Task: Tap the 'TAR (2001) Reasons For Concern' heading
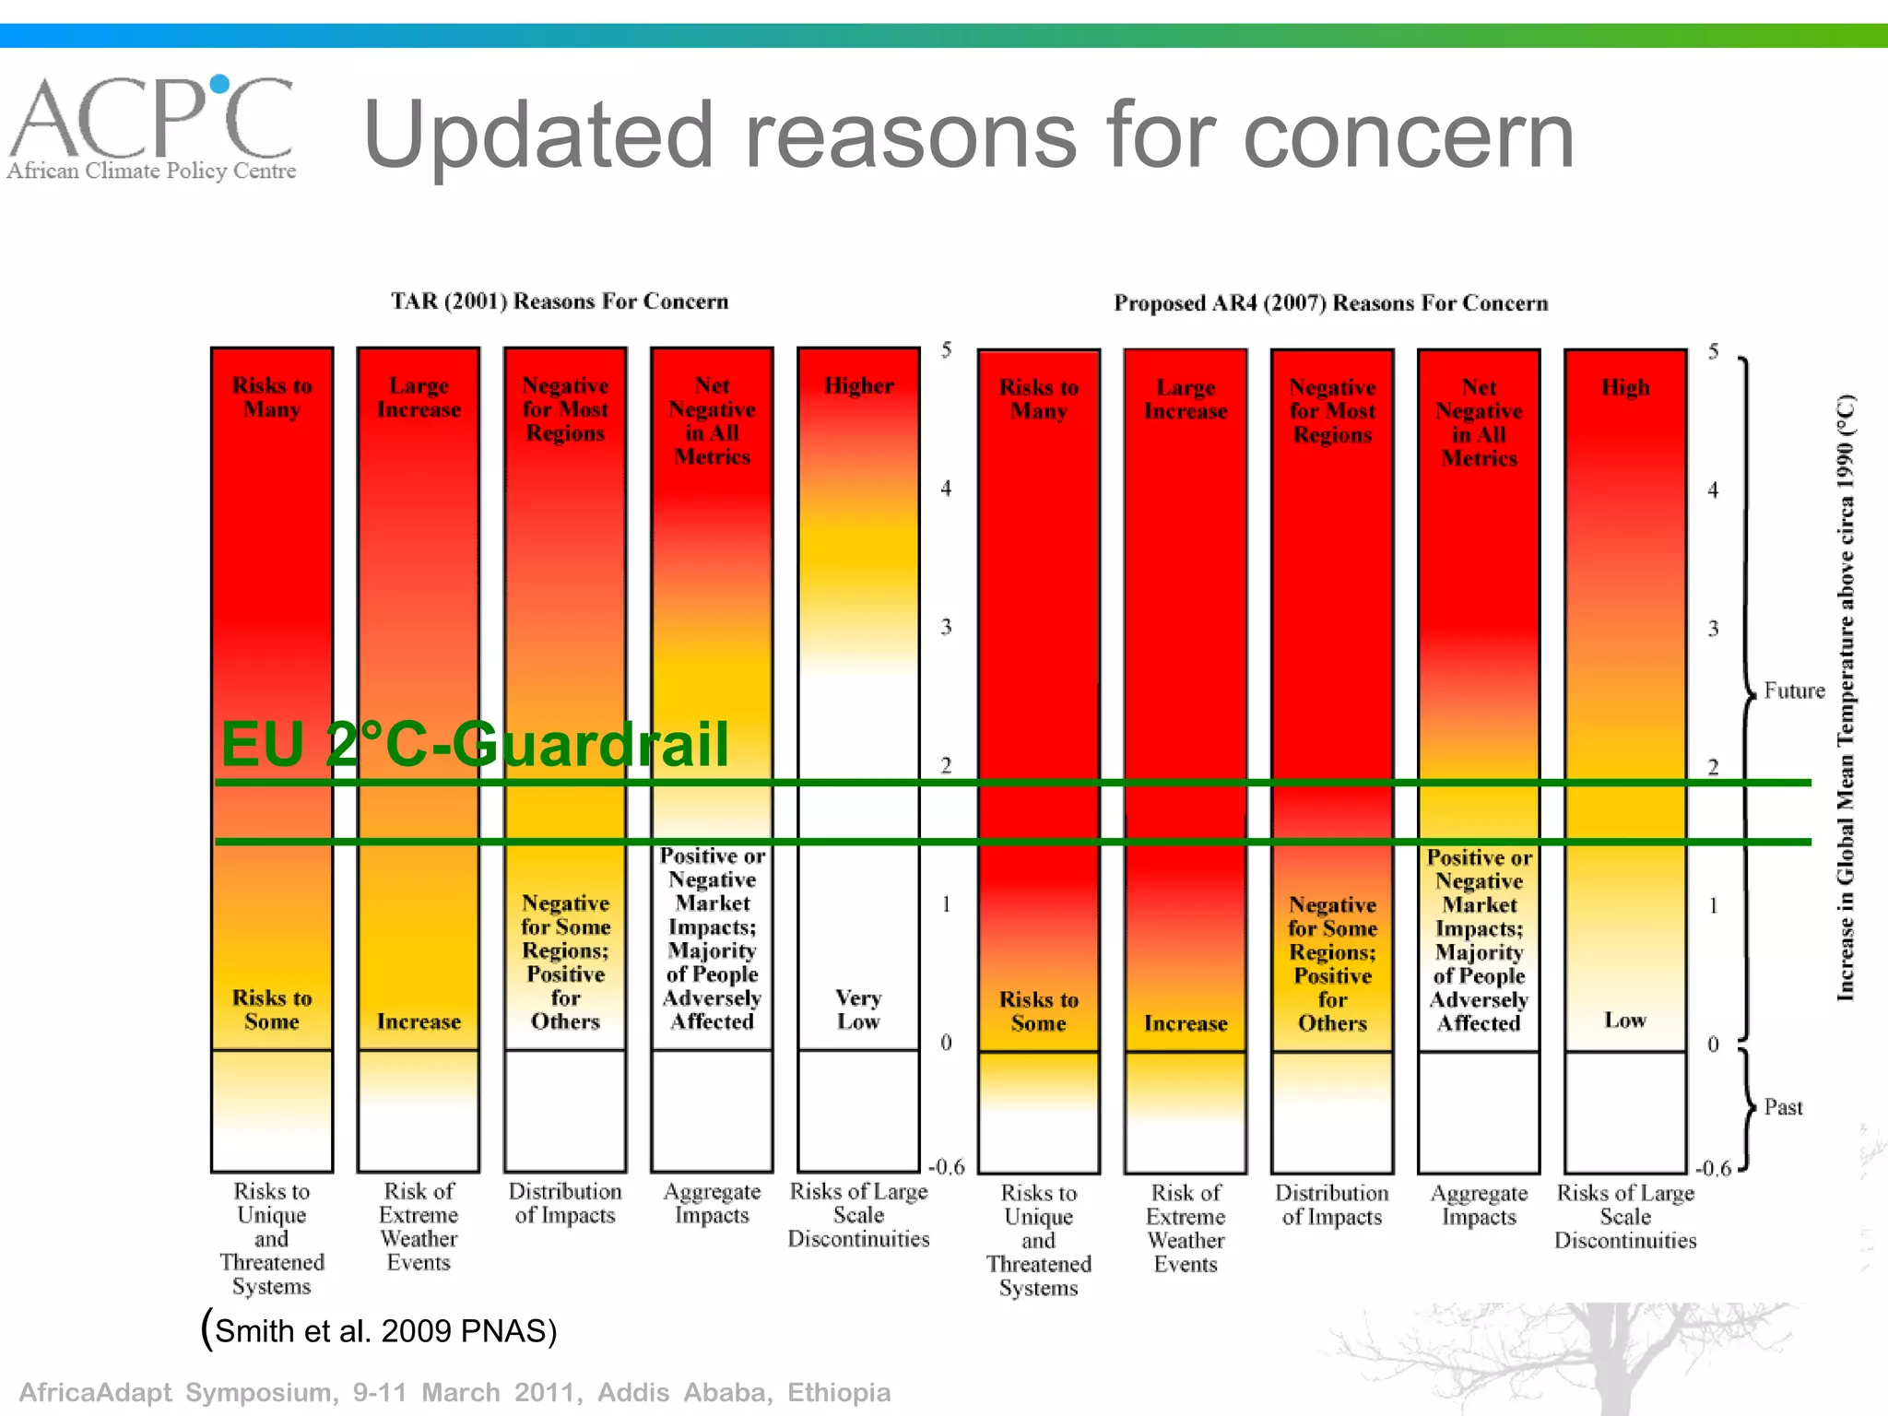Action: pos(560,301)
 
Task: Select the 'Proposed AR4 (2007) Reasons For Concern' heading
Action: pos(1330,303)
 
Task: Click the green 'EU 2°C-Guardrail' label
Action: pos(475,744)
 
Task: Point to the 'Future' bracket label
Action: pos(1793,690)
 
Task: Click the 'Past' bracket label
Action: pos(1783,1107)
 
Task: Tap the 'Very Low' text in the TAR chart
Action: pos(858,1009)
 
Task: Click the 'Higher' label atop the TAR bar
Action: pos(858,385)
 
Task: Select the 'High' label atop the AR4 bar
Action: pos(1624,387)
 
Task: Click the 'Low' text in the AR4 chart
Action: pos(1624,1020)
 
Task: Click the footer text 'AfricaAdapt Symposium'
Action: pos(175,1392)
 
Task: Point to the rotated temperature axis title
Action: pos(1845,698)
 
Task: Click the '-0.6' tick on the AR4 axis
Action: pos(1713,1169)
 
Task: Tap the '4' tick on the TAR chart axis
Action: pos(946,489)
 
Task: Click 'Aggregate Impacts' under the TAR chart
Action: pos(712,1203)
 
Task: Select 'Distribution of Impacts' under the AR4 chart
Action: pos(1331,1205)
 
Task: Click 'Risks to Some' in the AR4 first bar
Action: pos(1038,1011)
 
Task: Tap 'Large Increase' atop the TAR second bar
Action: pos(419,397)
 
